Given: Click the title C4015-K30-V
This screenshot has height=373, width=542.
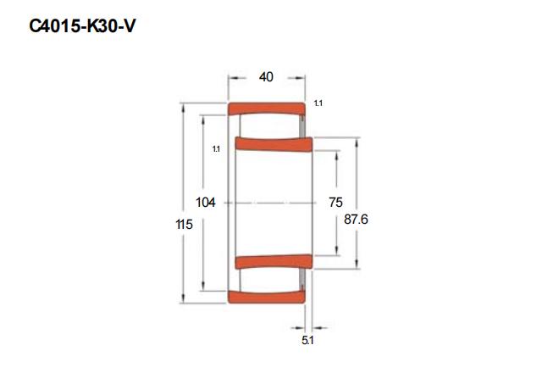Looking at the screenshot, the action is coord(82,26).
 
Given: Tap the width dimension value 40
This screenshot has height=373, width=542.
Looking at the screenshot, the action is coord(266,77).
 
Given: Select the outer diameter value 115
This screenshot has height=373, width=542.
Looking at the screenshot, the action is coord(185,225).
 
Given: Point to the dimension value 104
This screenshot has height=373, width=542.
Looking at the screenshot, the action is coord(206,203).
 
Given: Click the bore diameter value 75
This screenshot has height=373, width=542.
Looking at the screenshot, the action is coord(335,203).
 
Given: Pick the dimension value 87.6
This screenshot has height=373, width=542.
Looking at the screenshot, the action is coord(356,220).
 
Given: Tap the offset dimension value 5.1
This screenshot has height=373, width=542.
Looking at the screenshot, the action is coord(307,341).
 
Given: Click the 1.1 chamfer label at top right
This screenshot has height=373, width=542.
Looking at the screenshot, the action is coord(318,103).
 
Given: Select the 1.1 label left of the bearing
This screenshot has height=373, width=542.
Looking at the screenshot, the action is coord(216,149).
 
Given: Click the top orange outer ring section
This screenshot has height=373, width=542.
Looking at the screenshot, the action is coord(267,109).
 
